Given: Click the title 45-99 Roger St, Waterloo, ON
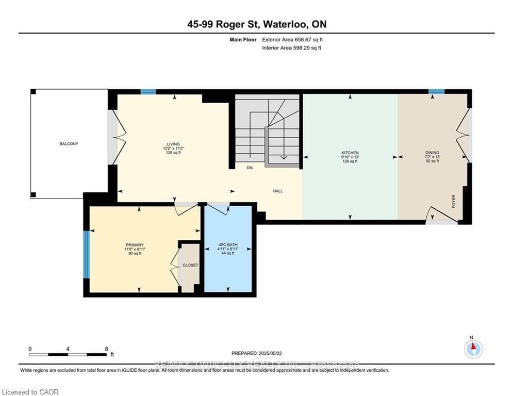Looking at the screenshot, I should [x=256, y=24].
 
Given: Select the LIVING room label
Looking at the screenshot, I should [x=173, y=144].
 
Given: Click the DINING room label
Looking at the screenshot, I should [x=432, y=153].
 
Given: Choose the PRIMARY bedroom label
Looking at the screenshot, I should [x=134, y=245].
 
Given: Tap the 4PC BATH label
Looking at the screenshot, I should [x=227, y=245].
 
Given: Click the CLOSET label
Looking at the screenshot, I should [x=190, y=265].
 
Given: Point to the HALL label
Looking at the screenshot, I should [x=278, y=191].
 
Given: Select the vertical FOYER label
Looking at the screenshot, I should [x=454, y=200].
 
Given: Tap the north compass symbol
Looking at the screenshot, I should [x=473, y=349].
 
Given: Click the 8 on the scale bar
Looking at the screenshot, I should [x=106, y=349].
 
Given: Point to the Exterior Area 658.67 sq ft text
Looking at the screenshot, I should [x=292, y=39].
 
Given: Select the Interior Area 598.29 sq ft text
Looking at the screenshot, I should [x=292, y=48].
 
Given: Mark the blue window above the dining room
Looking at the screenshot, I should [x=436, y=92].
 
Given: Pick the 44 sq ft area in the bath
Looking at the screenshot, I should [x=227, y=254].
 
